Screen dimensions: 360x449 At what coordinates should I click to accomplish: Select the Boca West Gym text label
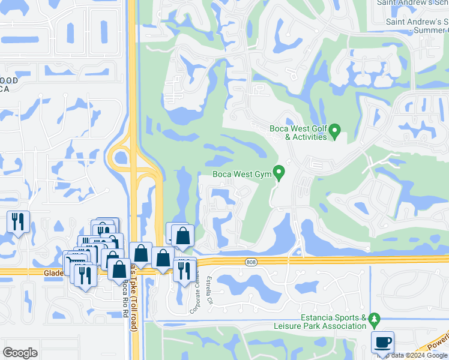pyautogui.click(x=241, y=175)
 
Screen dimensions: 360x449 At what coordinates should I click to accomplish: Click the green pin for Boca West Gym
pyautogui.click(x=279, y=173)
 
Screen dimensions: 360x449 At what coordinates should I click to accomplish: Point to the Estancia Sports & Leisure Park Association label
pyautogui.click(x=334, y=322)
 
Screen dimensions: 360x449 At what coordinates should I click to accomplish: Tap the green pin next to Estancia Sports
pyautogui.click(x=375, y=318)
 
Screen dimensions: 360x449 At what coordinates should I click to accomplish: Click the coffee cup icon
pyautogui.click(x=382, y=343)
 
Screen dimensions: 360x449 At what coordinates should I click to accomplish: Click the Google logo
pyautogui.click(x=20, y=353)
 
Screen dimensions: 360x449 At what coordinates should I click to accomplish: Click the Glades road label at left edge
pyautogui.click(x=53, y=272)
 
